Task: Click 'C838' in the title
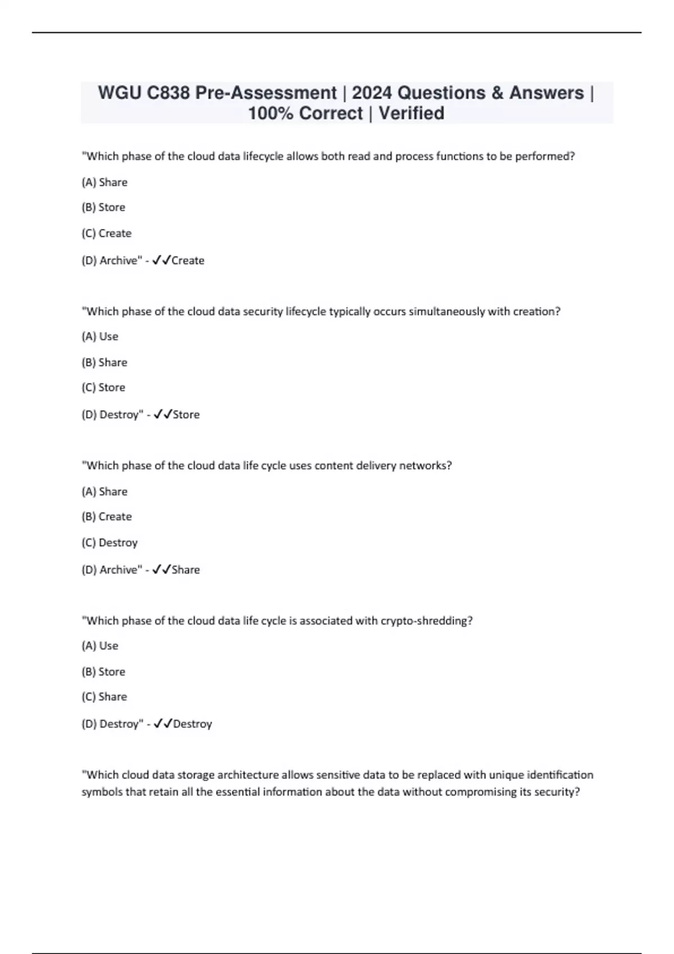tap(168, 93)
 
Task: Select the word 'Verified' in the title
tap(411, 113)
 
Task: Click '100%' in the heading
tap(271, 113)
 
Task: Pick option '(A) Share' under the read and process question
tap(104, 182)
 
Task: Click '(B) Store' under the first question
tap(103, 208)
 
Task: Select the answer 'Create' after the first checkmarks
tap(188, 260)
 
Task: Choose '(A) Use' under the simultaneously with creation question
tap(100, 337)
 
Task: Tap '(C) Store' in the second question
tap(103, 388)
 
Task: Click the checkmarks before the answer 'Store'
tap(162, 415)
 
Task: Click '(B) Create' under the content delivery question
tap(107, 517)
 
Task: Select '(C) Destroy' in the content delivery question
tap(110, 543)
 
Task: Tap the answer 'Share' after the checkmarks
tap(186, 570)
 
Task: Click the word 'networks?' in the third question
tap(425, 466)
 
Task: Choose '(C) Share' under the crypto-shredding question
tap(104, 697)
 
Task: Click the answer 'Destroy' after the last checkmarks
tap(193, 724)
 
